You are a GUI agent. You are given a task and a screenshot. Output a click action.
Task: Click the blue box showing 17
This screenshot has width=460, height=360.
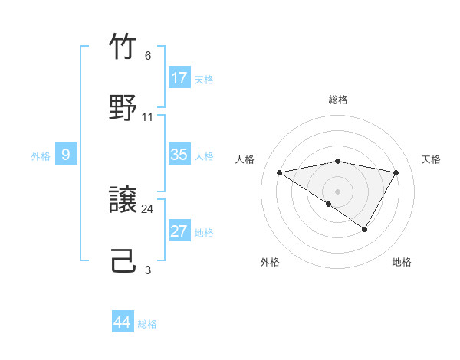coord(179,78)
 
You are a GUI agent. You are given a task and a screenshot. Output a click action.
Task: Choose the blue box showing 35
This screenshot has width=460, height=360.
coord(179,155)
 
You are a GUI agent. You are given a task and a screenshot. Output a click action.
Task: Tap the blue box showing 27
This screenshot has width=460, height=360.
coord(179,231)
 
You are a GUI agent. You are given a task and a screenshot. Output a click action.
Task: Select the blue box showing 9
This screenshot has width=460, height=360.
coord(66,155)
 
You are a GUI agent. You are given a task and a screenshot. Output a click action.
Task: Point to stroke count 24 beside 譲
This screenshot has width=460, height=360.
coord(148,208)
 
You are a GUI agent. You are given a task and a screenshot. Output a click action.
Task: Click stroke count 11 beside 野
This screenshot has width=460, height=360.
coord(148,117)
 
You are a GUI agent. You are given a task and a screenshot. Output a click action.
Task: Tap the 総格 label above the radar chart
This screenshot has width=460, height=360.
coord(338,100)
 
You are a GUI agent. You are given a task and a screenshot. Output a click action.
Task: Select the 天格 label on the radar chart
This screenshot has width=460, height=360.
coord(431,159)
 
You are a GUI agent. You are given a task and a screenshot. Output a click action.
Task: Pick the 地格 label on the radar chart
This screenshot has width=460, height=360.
coord(402,262)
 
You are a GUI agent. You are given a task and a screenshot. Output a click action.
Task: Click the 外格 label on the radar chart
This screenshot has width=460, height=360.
coord(270,262)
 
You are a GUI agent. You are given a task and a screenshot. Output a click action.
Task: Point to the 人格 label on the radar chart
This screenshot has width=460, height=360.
coord(245,159)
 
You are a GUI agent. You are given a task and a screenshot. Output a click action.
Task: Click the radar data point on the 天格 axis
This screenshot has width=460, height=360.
coord(396,172)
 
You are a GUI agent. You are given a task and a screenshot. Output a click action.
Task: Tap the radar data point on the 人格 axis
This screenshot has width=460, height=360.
coord(280,172)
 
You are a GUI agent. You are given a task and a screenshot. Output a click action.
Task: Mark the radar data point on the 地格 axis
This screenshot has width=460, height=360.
coord(365,229)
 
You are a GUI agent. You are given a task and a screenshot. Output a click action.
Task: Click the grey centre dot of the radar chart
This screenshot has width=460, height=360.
coord(338,191)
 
